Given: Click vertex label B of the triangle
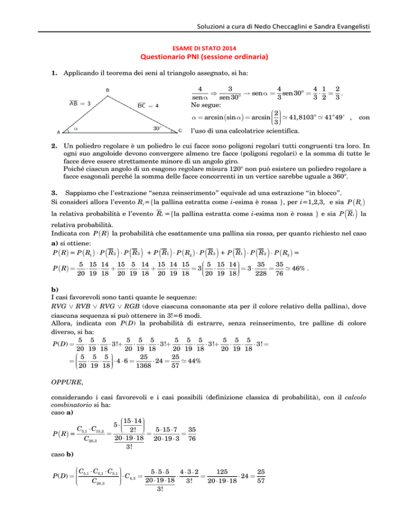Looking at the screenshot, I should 108,90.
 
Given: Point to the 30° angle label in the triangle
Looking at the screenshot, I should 158,128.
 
